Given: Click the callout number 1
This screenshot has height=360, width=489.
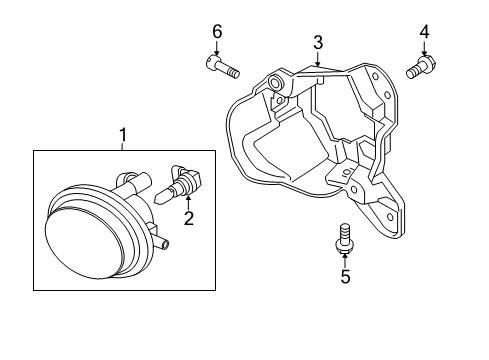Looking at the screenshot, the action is (x=123, y=135).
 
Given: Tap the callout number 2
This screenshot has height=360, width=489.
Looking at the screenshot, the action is (x=189, y=218).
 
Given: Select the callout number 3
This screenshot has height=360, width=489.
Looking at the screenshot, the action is (x=318, y=42).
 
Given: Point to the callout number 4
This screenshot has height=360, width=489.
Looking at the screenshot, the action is (x=424, y=32).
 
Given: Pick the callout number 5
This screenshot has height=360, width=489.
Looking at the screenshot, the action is (x=345, y=276).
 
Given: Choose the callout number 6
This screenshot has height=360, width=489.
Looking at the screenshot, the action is (x=217, y=32).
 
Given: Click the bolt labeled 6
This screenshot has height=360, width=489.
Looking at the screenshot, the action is (x=222, y=67).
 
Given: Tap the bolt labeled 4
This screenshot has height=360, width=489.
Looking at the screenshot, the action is (x=421, y=67).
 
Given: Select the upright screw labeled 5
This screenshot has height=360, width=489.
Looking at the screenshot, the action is (x=344, y=238).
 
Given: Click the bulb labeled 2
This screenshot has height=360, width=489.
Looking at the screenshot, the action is (x=179, y=183).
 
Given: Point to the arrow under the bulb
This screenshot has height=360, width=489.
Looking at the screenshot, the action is (x=189, y=203).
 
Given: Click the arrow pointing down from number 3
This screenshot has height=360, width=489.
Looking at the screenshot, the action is (x=318, y=59).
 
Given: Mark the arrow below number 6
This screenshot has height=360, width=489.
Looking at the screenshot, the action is (x=217, y=48).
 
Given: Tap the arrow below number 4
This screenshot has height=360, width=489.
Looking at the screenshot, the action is (x=424, y=48).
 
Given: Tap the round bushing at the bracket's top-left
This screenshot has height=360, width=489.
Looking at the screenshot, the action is (x=276, y=82).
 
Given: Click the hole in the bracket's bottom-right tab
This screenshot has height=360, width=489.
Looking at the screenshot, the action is (x=390, y=217).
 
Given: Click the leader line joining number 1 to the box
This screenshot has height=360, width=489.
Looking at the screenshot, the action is (x=123, y=146).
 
